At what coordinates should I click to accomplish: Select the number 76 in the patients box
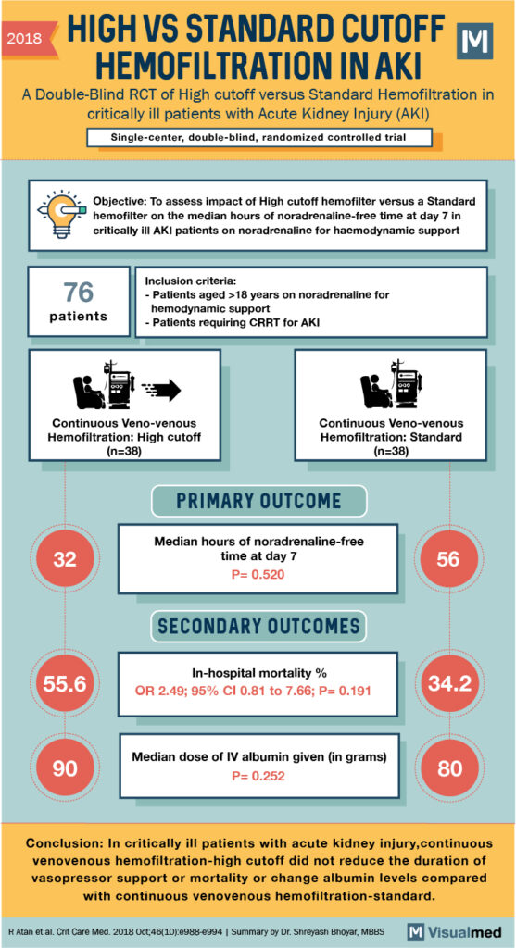(79, 293)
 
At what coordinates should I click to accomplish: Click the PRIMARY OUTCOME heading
(258, 501)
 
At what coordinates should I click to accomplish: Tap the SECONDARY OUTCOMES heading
(258, 627)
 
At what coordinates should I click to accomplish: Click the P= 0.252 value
(258, 776)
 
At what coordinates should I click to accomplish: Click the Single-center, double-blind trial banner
(258, 138)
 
